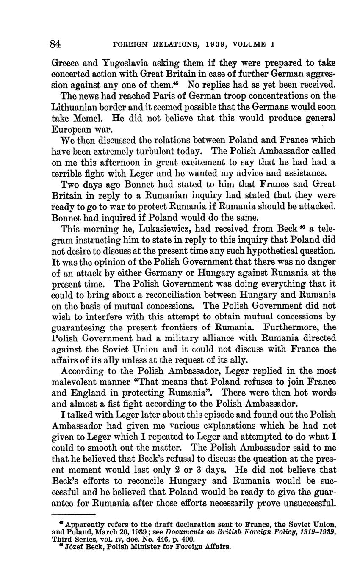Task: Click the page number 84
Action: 55,44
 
